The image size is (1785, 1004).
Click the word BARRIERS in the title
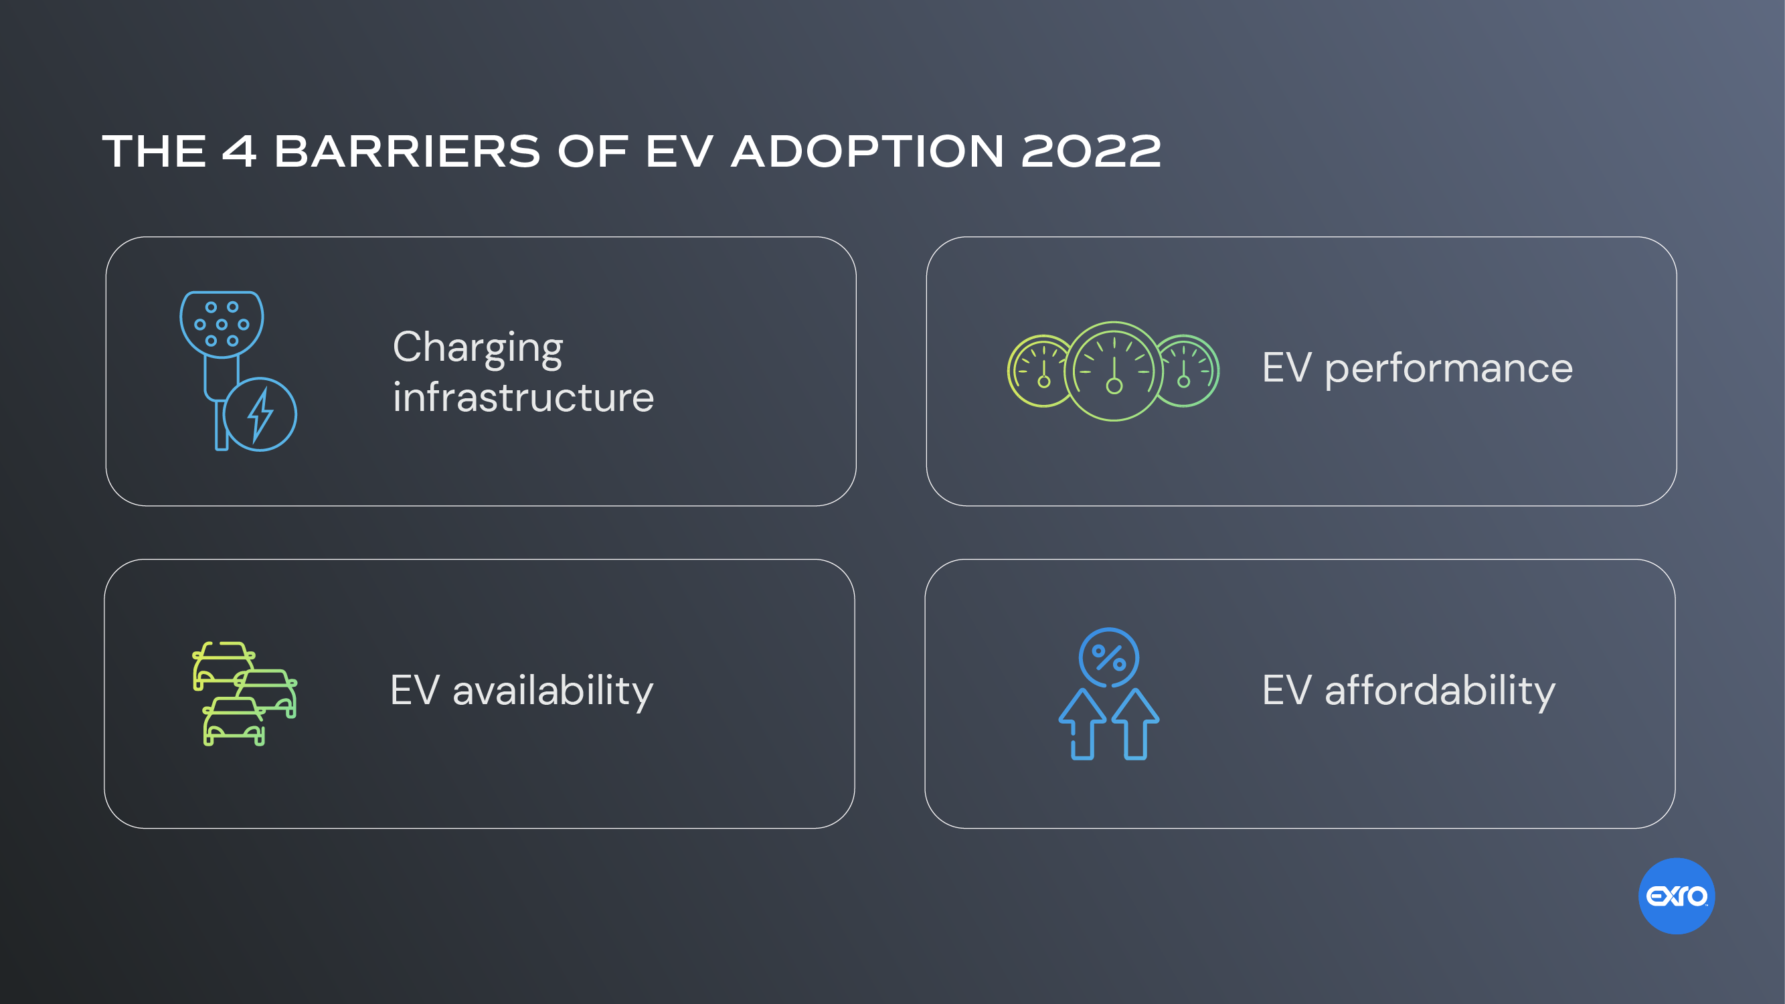(407, 151)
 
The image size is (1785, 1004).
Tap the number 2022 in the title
(1091, 151)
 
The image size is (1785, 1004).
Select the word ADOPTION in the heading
(867, 151)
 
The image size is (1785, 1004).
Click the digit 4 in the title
(238, 151)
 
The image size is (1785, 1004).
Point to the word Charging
(477, 348)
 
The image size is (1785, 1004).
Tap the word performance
(1448, 368)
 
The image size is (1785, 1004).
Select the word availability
(552, 691)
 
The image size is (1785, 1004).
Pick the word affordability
(1439, 691)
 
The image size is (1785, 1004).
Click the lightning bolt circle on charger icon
(260, 414)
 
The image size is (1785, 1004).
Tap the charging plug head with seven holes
(222, 323)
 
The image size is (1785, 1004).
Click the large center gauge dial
(1114, 371)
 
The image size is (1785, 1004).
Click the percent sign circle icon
(1109, 657)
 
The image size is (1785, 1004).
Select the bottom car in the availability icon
(234, 722)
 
